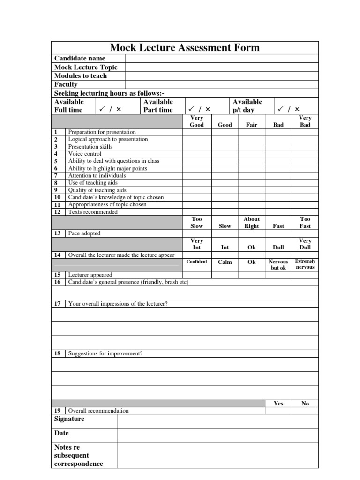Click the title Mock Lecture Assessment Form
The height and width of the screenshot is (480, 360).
click(x=184, y=47)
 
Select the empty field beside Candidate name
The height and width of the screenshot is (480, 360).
click(x=221, y=58)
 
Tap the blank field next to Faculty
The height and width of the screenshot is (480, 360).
click(x=221, y=84)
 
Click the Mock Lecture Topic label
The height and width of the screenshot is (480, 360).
click(x=86, y=67)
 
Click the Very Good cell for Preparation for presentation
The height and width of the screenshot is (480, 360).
click(x=196, y=132)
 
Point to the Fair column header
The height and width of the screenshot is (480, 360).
click(x=252, y=125)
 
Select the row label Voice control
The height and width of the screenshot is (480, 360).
click(x=85, y=154)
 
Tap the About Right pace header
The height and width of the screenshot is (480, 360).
click(x=252, y=223)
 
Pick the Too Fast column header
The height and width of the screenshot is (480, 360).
click(x=305, y=223)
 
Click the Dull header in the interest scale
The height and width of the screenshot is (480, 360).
click(x=278, y=247)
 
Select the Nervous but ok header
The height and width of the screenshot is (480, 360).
click(x=278, y=265)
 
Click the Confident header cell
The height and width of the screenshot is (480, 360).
click(x=196, y=262)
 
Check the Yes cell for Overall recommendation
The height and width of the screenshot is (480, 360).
click(x=278, y=411)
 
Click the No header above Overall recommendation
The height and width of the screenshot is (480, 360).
click(x=305, y=404)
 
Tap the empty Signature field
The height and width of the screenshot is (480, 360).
click(x=217, y=421)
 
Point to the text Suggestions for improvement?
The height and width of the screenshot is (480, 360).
click(x=105, y=353)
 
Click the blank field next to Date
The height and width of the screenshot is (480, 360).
click(x=217, y=435)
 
